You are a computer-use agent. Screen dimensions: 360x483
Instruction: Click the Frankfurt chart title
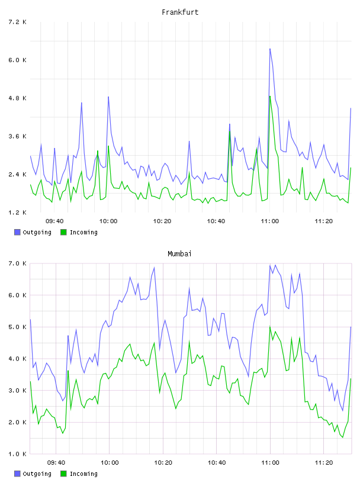pos(180,12)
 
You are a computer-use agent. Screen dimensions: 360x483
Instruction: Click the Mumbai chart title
pos(179,254)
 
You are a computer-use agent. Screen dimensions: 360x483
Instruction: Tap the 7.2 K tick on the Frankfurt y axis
pos(17,22)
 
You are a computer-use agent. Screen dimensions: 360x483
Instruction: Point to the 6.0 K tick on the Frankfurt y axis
pos(17,60)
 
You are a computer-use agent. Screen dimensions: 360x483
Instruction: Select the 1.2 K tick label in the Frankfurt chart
pos(17,212)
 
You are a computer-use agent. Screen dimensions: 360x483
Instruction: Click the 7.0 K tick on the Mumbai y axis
pos(17,263)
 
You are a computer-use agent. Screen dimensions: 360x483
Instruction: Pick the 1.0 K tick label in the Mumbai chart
pos(17,454)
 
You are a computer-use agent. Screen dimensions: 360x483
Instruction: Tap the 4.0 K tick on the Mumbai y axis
pos(17,359)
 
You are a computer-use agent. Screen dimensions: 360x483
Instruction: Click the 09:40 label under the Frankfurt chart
pos(54,221)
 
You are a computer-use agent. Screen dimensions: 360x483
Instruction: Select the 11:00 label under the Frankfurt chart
pos(269,221)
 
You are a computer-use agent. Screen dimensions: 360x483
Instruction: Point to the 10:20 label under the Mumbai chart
pos(163,463)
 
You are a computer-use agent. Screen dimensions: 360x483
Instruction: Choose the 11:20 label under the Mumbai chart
pos(324,463)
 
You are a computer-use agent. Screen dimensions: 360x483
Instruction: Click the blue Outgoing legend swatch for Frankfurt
pos(17,232)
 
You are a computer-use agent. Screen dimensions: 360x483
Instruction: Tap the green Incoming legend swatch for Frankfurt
pos(63,232)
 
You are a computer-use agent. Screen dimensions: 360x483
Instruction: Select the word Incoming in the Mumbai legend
pos(83,474)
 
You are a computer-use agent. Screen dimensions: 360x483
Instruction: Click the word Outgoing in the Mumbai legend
pos(37,474)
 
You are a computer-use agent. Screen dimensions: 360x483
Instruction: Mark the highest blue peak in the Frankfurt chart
pos(270,49)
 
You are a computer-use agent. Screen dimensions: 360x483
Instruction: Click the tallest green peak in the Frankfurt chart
pos(270,96)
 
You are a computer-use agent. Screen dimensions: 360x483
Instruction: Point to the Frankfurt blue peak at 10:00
pos(108,96)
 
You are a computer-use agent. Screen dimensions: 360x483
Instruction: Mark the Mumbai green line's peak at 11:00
pos(270,326)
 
